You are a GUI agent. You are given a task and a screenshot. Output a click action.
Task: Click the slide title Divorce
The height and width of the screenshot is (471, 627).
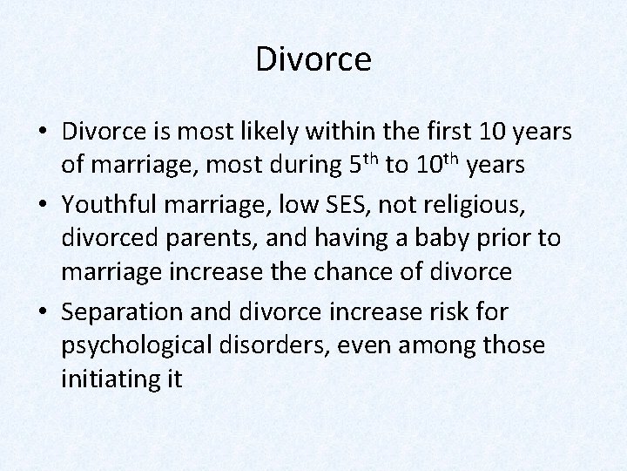[x=313, y=60]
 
